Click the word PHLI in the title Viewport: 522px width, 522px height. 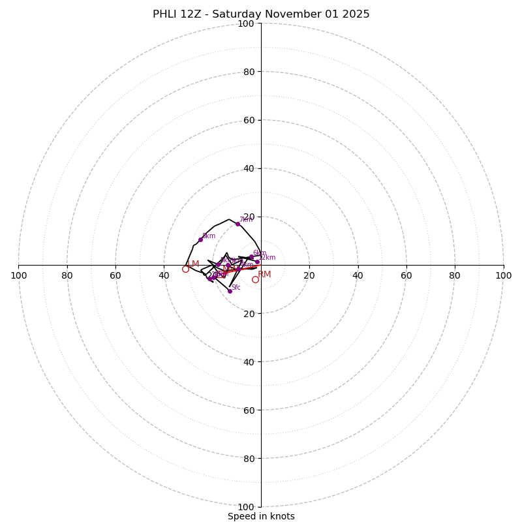point(165,14)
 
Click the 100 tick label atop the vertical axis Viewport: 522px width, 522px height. point(246,23)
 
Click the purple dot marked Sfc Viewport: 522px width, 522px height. point(230,291)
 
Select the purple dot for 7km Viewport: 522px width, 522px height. point(238,224)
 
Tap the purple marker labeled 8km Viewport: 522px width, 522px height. point(200,239)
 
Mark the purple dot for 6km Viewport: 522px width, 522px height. point(251,257)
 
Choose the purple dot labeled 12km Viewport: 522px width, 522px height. point(257,262)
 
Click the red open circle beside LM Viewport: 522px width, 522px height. point(185,269)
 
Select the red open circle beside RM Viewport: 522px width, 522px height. point(255,279)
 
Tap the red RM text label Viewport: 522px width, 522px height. point(264,275)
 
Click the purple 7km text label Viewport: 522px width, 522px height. point(245,220)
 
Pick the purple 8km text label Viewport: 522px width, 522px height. point(209,236)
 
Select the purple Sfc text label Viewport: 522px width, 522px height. point(236,288)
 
